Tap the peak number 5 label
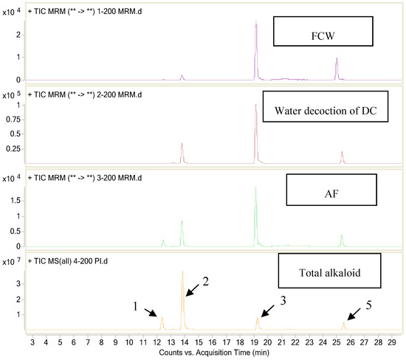(x=368, y=304)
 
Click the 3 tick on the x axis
(x=32, y=342)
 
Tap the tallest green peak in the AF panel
(x=255, y=189)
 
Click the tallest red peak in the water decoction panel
(x=255, y=106)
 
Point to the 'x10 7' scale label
(x=11, y=261)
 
